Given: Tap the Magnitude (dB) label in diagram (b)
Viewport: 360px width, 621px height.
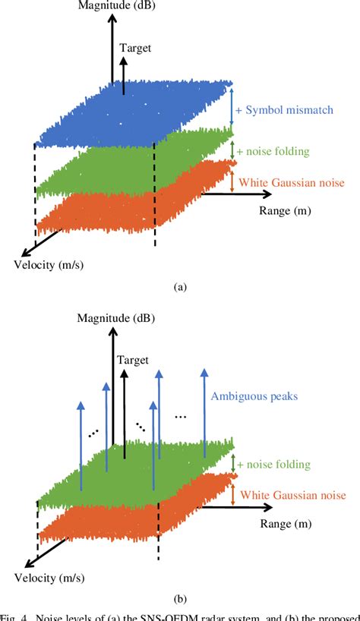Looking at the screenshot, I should coord(112,317).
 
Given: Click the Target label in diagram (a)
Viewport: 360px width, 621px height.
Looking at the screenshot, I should coord(135,47).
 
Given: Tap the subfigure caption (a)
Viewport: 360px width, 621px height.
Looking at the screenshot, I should coord(180,287).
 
